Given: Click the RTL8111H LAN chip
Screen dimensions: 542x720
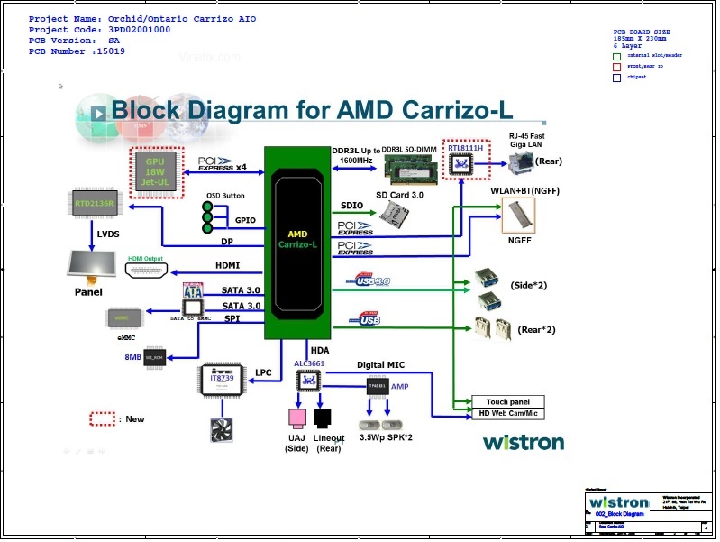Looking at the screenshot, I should click(x=466, y=162).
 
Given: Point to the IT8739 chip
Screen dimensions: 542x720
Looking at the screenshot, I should click(x=223, y=381).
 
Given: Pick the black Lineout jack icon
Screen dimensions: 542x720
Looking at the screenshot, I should click(x=324, y=418).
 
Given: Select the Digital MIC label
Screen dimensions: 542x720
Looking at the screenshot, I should click(x=381, y=365).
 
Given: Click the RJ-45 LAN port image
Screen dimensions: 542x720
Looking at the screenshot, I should click(x=519, y=161).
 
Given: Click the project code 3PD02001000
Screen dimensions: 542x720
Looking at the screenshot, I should click(x=134, y=30).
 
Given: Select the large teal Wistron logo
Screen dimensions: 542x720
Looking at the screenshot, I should click(x=523, y=442).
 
